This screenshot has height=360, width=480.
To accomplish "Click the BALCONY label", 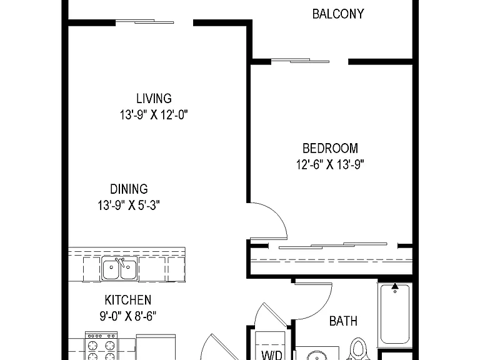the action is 338,14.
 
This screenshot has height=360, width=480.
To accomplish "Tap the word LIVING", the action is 154,99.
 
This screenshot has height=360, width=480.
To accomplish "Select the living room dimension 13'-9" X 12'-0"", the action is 154,115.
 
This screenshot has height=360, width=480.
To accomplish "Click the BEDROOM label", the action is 330,149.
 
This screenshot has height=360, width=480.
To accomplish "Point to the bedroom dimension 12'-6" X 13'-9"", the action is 330,165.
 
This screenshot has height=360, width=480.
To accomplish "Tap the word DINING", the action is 129,189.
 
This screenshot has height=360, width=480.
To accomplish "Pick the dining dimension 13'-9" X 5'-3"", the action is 129,206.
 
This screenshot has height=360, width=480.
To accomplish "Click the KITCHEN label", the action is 128,300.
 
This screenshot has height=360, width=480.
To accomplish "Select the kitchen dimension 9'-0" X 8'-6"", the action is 128,316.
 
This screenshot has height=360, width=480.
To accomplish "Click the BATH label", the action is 343,321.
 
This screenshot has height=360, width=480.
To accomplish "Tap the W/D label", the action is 272,355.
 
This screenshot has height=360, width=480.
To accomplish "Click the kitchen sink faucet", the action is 120,262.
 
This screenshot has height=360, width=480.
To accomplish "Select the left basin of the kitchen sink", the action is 111,269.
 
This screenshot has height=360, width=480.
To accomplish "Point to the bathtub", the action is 394,314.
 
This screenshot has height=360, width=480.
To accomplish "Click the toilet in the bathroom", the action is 358,349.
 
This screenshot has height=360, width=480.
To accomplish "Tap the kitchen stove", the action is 101,346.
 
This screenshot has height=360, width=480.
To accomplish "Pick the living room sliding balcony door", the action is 145,22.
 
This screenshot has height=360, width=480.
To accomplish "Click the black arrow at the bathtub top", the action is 395,286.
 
